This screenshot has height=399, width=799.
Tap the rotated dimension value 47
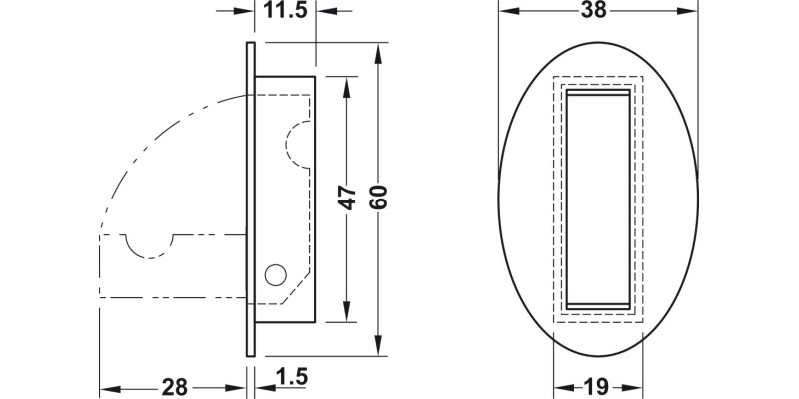(x=347, y=199)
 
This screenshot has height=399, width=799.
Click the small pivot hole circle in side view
(x=273, y=274)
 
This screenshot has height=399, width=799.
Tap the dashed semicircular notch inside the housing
(x=297, y=142)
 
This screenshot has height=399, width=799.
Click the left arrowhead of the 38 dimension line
(x=505, y=12)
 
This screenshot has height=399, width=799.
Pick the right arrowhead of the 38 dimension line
(x=689, y=12)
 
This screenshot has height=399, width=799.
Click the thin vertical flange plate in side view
(x=251, y=199)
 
